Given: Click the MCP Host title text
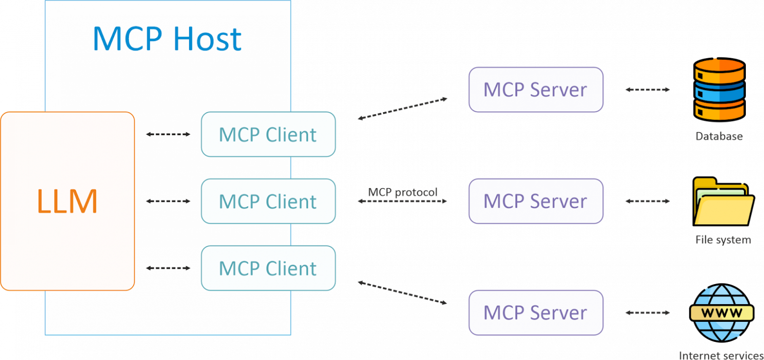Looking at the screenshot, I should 167,39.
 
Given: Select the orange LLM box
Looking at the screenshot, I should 67,201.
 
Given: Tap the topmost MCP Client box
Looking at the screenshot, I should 268,135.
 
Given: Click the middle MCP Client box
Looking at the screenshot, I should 268,201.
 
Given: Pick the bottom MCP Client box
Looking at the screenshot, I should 268,268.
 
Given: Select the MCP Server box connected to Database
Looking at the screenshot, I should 536,90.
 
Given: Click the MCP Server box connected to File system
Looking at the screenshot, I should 536,201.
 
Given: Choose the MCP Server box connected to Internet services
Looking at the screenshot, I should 536,312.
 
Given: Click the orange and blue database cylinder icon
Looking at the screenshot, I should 719,89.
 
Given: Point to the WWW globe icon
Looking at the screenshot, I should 721,312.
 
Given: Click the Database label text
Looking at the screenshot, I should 719,136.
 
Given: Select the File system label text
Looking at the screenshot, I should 723,240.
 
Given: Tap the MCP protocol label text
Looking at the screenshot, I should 403,192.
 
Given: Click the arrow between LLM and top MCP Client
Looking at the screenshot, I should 168,134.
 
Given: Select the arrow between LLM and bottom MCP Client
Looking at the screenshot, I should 168,268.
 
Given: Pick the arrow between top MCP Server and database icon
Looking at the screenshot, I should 647,90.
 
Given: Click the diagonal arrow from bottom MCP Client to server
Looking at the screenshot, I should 403,293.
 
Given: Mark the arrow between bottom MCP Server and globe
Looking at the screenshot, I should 647,312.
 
